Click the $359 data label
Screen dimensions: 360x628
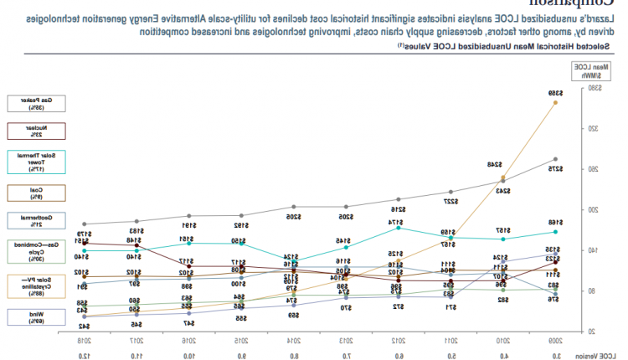click(555, 93)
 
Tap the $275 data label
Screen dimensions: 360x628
click(555, 168)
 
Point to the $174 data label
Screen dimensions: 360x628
click(398, 222)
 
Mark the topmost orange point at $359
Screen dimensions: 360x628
click(555, 102)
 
